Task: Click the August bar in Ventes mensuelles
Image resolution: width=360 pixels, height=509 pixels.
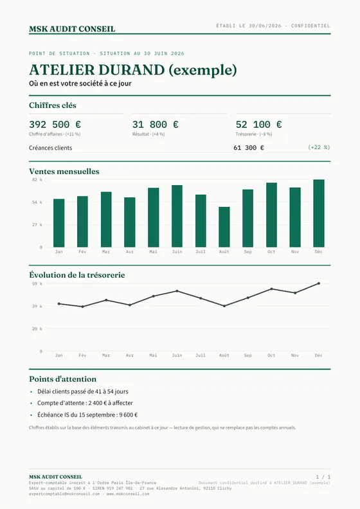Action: click(224, 227)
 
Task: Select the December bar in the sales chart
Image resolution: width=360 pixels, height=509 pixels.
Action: click(319, 213)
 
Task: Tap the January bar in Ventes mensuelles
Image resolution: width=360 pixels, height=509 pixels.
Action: click(59, 223)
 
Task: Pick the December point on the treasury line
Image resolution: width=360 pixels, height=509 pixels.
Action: click(319, 283)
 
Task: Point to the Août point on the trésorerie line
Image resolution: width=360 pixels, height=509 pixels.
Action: click(224, 306)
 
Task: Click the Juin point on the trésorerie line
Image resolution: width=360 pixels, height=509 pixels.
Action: click(177, 291)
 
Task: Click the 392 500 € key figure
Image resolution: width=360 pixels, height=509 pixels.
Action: click(55, 124)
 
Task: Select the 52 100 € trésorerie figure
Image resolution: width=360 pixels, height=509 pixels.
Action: click(258, 124)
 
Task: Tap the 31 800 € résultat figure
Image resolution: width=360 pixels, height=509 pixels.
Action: click(155, 124)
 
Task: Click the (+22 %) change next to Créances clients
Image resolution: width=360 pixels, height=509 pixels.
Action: click(319, 147)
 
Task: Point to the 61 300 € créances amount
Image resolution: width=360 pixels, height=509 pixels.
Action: click(249, 148)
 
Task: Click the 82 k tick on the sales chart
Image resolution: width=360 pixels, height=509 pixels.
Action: click(37, 179)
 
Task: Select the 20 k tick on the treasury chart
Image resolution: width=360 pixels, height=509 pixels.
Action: click(37, 328)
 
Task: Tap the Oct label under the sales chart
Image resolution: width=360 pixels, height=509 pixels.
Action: click(271, 251)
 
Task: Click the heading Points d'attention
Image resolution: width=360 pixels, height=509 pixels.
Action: click(62, 379)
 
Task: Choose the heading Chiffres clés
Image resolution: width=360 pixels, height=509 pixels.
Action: click(53, 105)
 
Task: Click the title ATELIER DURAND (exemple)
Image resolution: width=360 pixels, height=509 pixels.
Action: click(133, 70)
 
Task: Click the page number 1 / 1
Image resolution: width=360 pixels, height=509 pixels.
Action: click(323, 477)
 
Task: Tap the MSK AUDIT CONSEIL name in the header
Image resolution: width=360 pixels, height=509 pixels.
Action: click(72, 29)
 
